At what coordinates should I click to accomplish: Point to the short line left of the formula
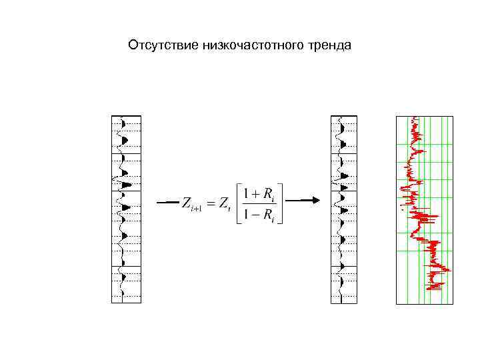point(167,201)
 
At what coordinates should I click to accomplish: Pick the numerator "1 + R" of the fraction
point(259,194)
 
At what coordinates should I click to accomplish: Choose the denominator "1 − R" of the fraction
point(259,215)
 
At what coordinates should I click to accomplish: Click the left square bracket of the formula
point(233,204)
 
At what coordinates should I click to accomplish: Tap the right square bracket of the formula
point(282,204)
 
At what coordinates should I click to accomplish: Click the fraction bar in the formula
point(259,204)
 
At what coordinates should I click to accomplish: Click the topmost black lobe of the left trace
point(124,124)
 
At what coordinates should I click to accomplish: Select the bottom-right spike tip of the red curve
point(449,270)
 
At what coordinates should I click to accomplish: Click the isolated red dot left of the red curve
point(401,209)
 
